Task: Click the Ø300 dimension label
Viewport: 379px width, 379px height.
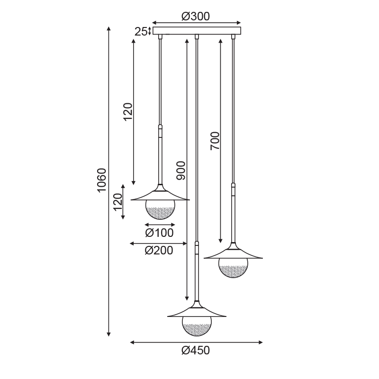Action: click(x=196, y=17)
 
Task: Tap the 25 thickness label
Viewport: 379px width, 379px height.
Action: click(x=141, y=32)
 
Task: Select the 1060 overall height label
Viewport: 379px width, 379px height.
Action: click(x=101, y=180)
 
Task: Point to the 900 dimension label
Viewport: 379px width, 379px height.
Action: click(x=181, y=171)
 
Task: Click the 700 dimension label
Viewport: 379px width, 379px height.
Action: click(x=215, y=141)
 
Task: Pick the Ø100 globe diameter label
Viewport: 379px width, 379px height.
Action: click(x=159, y=233)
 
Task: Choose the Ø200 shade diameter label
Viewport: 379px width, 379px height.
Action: click(x=159, y=251)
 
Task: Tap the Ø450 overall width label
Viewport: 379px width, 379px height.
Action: click(x=196, y=350)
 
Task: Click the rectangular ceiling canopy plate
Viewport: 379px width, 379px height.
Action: click(x=197, y=31)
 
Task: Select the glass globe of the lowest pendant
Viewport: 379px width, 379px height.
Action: click(x=197, y=326)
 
